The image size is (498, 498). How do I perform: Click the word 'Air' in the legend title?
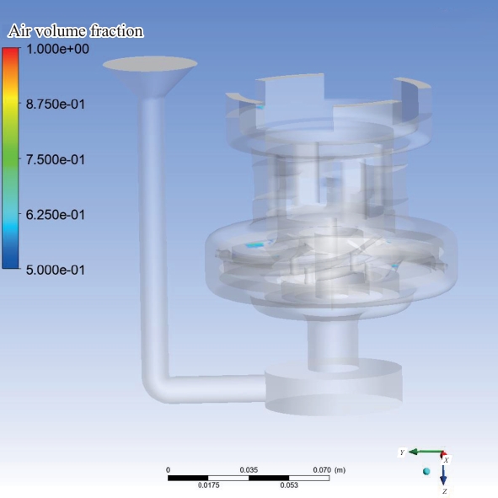pos(19,31)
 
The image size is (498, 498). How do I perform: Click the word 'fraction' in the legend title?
pos(116,31)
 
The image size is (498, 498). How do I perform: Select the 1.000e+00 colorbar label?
pos(57,49)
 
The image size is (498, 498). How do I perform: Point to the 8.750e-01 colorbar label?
pos(56,104)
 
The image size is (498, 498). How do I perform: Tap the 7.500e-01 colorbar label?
pos(56,159)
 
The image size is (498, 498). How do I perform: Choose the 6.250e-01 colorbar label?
pos(56,215)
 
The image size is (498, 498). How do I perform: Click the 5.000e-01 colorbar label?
pos(56,270)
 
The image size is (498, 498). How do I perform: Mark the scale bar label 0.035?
pos(249,469)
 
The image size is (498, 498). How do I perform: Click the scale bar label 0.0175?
pos(209,485)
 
